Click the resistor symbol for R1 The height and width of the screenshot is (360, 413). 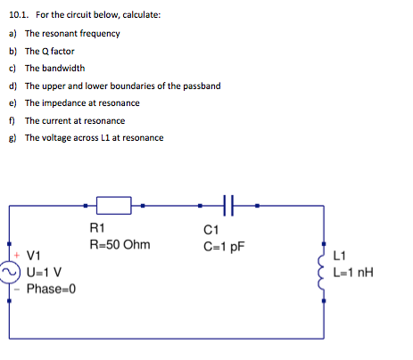coord(114,207)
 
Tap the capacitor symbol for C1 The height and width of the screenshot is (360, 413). coord(227,207)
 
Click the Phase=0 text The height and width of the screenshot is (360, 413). coord(52,289)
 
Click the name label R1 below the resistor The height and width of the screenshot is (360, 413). coord(98,228)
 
